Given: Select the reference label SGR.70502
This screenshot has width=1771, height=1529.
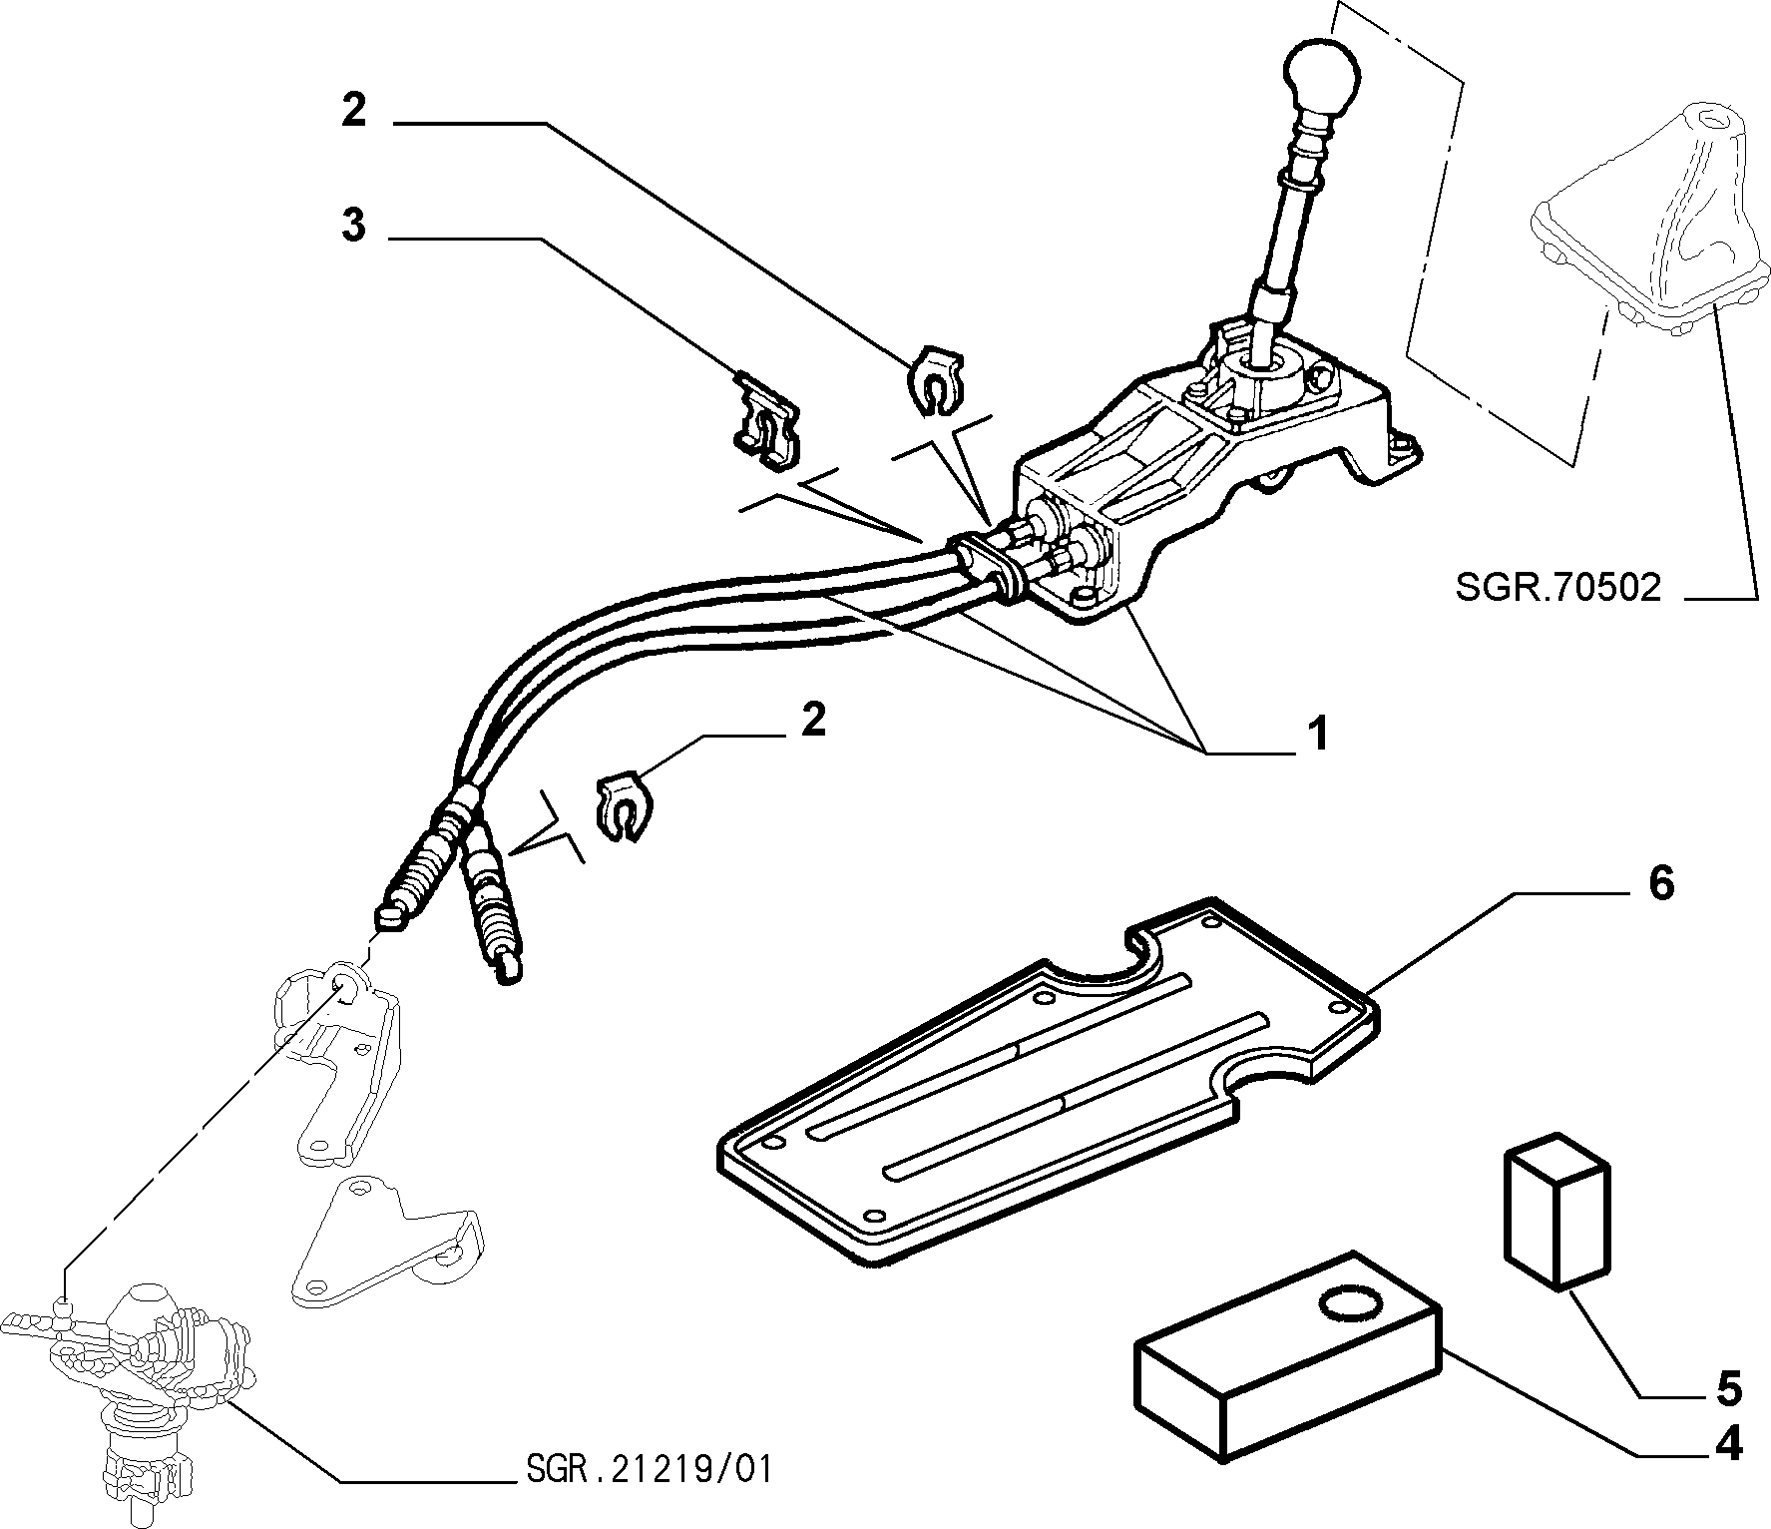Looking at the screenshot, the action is tap(1558, 587).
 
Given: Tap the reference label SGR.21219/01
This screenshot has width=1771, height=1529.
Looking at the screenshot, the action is tap(648, 1470).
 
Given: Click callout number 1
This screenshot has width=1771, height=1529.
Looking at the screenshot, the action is tap(1318, 734).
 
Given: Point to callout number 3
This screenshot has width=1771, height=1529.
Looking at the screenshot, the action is tap(353, 226).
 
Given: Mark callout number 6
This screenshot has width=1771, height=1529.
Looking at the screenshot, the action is tap(1660, 883).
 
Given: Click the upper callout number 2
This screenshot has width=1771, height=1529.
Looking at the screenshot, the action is tap(353, 110).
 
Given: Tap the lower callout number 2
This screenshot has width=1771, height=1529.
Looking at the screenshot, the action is tap(813, 720).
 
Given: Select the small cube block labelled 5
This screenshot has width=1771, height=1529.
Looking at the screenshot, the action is tap(1556, 1210).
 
